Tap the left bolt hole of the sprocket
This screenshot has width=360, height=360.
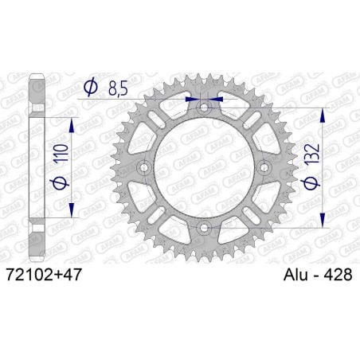pyautogui.click(x=143, y=168)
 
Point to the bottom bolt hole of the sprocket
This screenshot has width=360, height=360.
pyautogui.click(x=204, y=229)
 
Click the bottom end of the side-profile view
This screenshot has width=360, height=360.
pyautogui.click(x=36, y=256)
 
